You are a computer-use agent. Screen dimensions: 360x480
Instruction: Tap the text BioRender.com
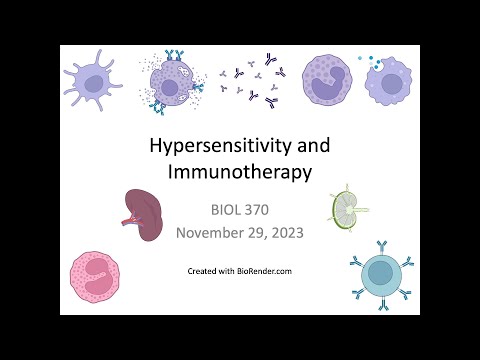[266, 271]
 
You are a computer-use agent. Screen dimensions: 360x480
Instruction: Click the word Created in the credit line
[203, 271]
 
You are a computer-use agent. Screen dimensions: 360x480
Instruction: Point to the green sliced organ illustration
[346, 207]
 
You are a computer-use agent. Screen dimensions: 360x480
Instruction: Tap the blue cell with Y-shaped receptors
[379, 272]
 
